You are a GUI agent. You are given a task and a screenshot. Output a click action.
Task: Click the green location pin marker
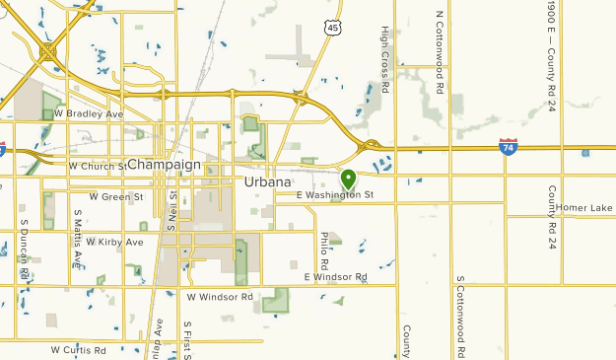pos(348,180)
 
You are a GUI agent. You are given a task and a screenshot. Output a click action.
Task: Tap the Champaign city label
pos(164,164)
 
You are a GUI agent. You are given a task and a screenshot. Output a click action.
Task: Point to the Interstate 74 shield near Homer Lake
pos(509,147)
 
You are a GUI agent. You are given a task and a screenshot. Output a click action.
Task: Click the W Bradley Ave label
pos(89,114)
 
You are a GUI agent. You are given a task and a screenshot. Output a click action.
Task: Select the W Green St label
pos(116,196)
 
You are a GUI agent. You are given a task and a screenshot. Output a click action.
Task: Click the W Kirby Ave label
pos(114,242)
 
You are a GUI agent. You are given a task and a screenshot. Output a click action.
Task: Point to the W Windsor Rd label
pos(220,296)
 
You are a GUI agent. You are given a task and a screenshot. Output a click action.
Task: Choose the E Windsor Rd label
pos(335,277)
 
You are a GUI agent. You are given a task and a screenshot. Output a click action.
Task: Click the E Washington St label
pos(335,195)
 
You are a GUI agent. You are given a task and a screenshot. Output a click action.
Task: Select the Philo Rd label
pos(324,251)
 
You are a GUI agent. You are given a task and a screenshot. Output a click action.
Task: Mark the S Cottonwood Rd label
pos(460,318)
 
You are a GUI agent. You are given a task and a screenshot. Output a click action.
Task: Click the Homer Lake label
pos(584,208)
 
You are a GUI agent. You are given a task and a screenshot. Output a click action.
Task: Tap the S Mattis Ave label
pos(78,238)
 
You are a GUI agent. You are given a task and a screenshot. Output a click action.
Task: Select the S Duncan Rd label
pos(22,248)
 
